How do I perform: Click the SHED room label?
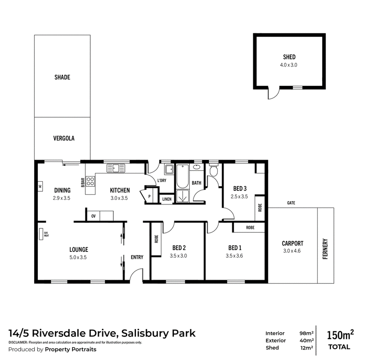(289, 57)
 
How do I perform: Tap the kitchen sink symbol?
(116, 168)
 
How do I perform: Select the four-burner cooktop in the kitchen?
(90, 182)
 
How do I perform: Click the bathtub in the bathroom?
(182, 176)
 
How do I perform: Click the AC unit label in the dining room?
(40, 186)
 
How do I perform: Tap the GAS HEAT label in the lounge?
(47, 234)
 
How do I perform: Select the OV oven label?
(94, 216)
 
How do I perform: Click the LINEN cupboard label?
(167, 199)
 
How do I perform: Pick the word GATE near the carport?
(291, 203)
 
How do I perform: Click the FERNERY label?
(325, 249)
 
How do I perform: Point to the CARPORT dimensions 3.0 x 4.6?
(292, 251)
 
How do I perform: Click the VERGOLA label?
(64, 138)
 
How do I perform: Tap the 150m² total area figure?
(340, 335)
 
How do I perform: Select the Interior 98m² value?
(306, 333)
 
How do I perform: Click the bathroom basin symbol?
(197, 167)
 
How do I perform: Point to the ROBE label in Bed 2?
(156, 239)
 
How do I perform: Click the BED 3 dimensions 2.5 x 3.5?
(239, 197)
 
